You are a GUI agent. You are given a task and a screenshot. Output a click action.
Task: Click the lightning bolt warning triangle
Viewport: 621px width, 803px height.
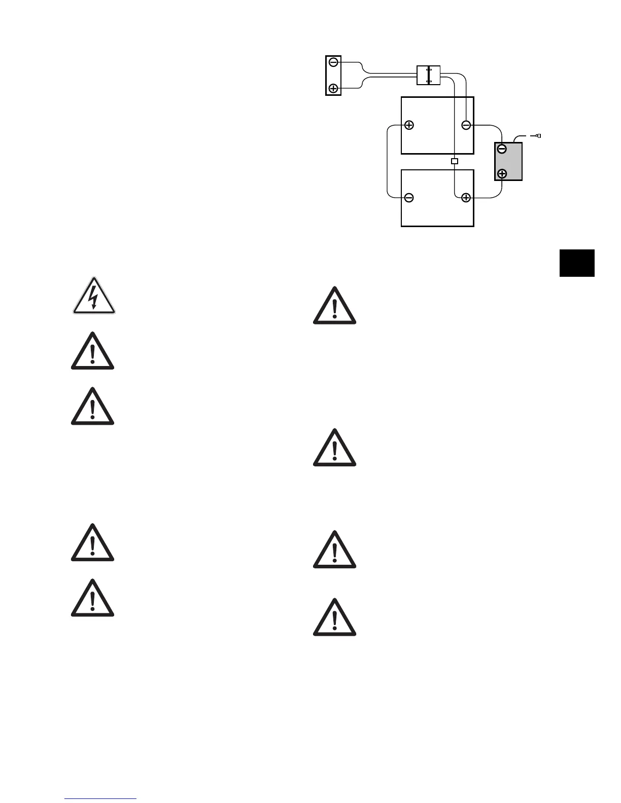tap(93, 297)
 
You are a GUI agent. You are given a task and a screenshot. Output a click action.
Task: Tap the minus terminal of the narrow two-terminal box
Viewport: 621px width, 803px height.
tap(333, 62)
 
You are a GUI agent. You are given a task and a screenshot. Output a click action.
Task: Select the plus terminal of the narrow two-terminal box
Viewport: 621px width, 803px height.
tap(333, 88)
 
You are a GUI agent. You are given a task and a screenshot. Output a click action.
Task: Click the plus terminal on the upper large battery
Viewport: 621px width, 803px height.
tap(409, 125)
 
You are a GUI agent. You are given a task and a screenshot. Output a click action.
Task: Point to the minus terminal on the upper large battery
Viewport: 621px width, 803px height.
tap(466, 125)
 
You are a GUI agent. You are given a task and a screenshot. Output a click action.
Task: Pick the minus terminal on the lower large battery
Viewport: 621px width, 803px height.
tap(409, 198)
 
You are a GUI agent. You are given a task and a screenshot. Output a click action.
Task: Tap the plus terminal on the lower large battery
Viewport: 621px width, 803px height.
tap(466, 198)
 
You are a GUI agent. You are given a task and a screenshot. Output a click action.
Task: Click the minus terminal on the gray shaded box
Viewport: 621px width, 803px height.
tap(502, 149)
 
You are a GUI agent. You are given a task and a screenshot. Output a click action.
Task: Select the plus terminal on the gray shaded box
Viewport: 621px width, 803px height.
tap(502, 174)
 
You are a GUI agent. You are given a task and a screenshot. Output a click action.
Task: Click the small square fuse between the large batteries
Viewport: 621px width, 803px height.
tap(455, 161)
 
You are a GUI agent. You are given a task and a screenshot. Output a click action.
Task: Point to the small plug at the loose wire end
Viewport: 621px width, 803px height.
tap(538, 136)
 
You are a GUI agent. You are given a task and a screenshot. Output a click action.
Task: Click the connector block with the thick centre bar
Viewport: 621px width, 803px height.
tap(428, 75)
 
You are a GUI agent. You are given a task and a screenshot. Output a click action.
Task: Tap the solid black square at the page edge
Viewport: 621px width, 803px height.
tap(577, 263)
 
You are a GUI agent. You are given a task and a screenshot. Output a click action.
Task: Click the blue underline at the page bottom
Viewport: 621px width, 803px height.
tap(100, 798)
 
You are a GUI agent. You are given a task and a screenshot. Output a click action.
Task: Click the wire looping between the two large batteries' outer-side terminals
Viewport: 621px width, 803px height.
tap(387, 161)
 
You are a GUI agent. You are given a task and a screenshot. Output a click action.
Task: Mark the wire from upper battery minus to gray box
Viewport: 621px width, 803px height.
tap(490, 126)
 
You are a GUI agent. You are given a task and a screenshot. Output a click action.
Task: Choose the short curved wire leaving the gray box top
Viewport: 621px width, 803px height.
tap(520, 137)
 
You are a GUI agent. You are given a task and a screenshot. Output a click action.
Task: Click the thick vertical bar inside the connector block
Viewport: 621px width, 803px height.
tap(429, 75)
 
